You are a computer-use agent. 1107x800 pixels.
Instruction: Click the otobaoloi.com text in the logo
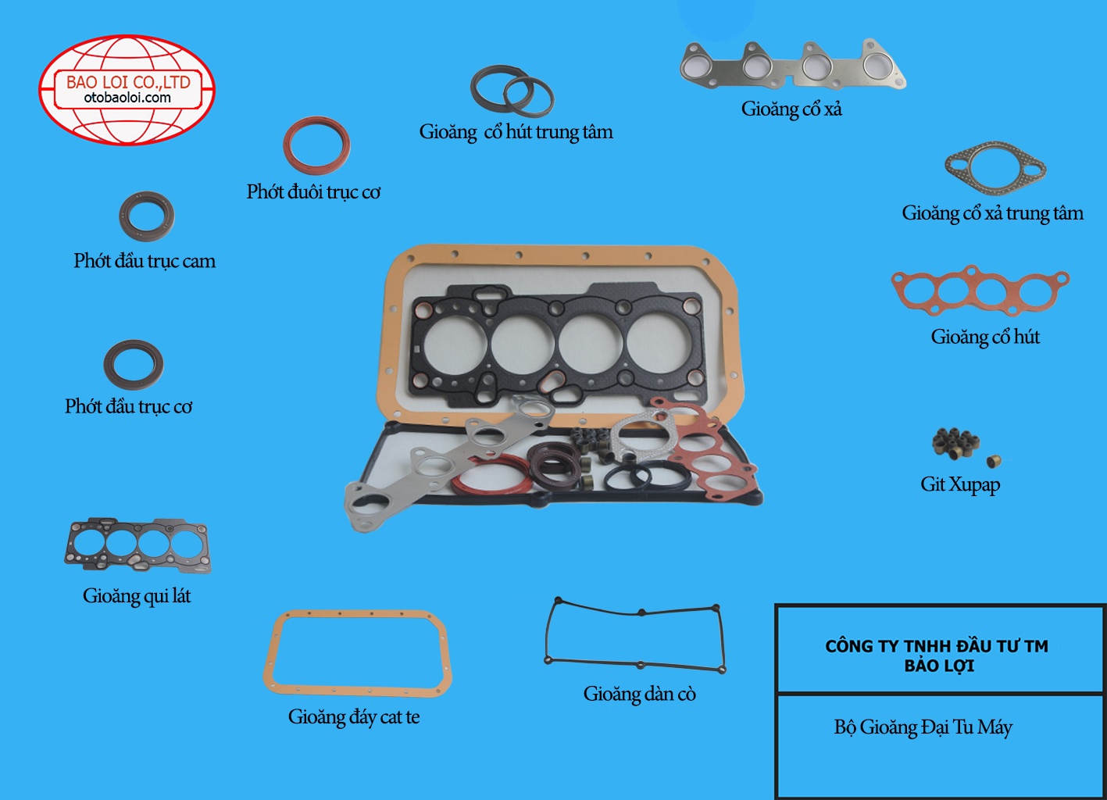tap(127, 98)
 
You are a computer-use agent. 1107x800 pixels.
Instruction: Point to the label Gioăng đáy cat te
tap(354, 717)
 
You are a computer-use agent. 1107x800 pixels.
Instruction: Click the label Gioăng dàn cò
tap(640, 695)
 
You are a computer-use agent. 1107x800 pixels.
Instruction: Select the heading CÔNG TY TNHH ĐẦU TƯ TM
tap(937, 646)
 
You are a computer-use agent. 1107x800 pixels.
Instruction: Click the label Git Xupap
tap(960, 484)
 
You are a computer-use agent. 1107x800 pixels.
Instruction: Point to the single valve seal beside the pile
tap(994, 461)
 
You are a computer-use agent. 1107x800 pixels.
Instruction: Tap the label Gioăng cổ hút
tap(985, 337)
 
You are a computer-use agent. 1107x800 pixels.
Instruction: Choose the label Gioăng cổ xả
tap(791, 109)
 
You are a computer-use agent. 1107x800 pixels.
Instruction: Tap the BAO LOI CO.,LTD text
tap(128, 82)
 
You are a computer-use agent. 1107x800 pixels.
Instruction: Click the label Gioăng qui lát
tap(137, 596)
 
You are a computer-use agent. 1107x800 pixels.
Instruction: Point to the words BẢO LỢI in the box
tap(940, 666)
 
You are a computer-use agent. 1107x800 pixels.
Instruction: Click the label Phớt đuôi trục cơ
tap(313, 192)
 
